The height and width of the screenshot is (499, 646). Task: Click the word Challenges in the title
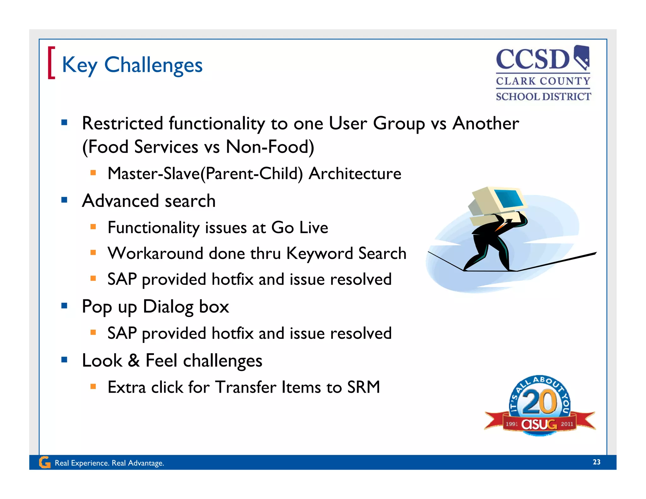click(153, 65)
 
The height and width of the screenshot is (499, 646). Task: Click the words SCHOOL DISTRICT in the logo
click(543, 97)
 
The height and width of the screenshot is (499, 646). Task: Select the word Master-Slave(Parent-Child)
click(205, 173)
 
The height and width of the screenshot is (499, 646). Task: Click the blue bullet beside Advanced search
click(64, 200)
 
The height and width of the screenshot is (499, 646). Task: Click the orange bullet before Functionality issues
click(93, 226)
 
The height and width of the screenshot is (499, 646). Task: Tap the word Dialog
click(168, 307)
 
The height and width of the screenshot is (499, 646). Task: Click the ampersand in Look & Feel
click(134, 360)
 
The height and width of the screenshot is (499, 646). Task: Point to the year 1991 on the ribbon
click(512, 424)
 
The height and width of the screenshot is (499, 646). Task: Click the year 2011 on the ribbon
click(567, 424)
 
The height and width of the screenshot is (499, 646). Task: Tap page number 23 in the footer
click(596, 462)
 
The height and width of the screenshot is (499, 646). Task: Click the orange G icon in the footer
click(44, 462)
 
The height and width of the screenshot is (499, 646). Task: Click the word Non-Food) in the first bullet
click(270, 147)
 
